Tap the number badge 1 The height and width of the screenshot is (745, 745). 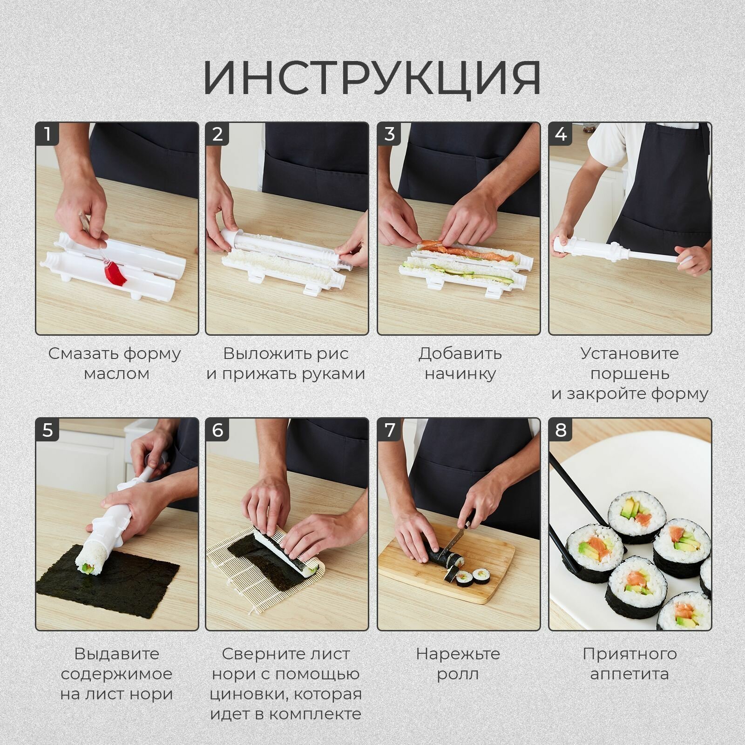click(x=47, y=134)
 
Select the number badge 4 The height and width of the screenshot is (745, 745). click(x=561, y=134)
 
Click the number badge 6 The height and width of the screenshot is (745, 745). click(x=217, y=429)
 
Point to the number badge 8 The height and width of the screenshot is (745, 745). click(x=561, y=429)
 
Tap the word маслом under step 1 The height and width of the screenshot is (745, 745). click(x=116, y=373)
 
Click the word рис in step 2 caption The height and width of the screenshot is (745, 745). click(x=332, y=353)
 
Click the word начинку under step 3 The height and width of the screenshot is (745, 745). click(x=460, y=373)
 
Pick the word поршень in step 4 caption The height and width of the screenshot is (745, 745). click(x=630, y=373)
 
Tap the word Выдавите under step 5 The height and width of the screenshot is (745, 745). click(x=116, y=654)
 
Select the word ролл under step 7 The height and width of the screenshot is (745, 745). click(x=457, y=674)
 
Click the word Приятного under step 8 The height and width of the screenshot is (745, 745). click(x=630, y=654)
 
